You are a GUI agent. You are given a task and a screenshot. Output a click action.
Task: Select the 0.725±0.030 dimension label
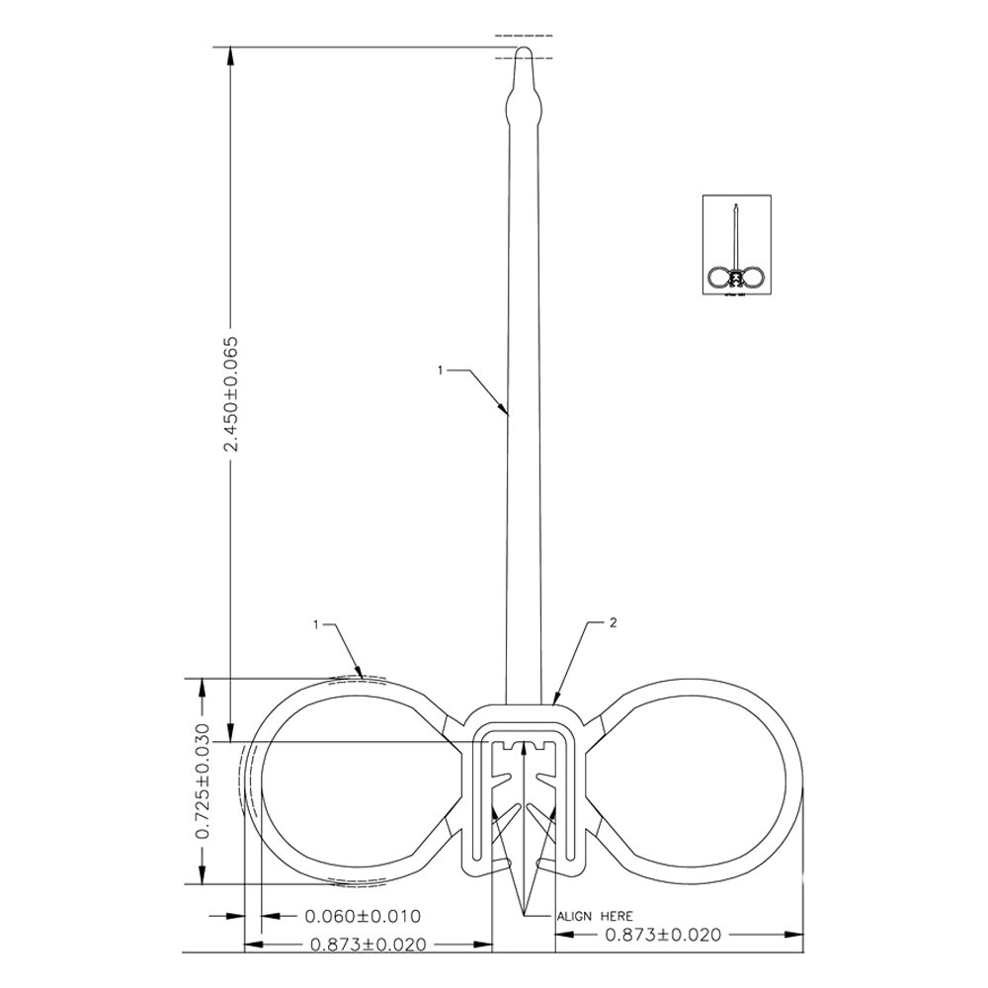click(204, 782)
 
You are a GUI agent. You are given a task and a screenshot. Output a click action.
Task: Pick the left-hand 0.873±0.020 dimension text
click(368, 945)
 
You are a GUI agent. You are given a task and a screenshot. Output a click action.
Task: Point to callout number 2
click(614, 623)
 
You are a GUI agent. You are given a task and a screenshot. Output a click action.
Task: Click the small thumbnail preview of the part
click(738, 244)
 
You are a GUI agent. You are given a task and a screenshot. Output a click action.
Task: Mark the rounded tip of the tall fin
click(524, 52)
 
